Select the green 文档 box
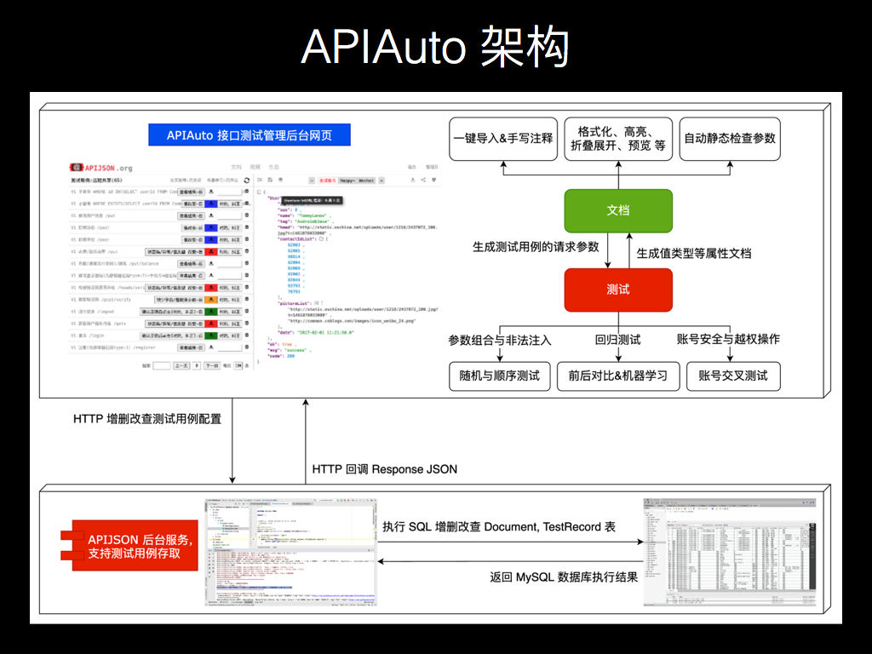[618, 209]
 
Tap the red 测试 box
[618, 290]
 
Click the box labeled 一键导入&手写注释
[503, 139]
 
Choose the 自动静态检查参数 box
[730, 139]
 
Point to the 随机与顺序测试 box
[499, 376]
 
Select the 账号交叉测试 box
[733, 376]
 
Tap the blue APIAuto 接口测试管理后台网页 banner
[250, 135]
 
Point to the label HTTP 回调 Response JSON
[385, 469]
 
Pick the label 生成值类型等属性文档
[694, 253]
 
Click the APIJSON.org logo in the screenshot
[101, 168]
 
